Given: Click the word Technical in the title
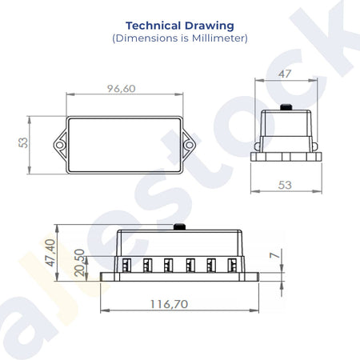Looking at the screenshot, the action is tap(154, 26).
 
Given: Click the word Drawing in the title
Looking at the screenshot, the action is tap(210, 26).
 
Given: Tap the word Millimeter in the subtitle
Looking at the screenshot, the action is tap(218, 38).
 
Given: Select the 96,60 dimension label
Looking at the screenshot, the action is tap(122, 89).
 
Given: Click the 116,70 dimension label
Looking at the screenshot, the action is tap(170, 304).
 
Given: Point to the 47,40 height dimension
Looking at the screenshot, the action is tap(50, 253).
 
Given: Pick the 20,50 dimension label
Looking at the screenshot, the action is tap(79, 262).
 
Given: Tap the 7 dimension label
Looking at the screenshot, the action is tap(274, 255).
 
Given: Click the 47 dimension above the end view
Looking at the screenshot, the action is tap(285, 74).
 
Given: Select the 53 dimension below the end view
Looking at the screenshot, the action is tap(285, 185).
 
